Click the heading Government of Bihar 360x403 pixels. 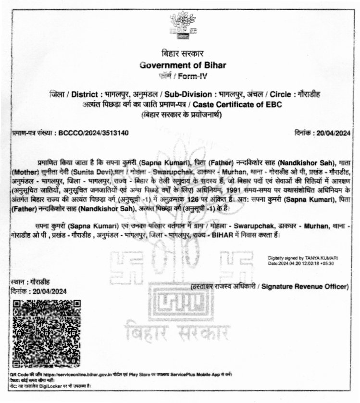[180, 65]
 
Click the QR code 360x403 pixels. [46, 333]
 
